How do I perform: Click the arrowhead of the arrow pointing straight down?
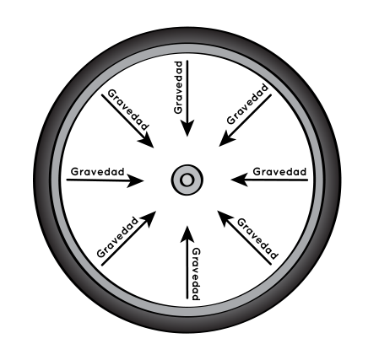[x=187, y=129]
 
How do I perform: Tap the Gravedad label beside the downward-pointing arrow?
[x=178, y=88]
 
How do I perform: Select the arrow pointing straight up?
[x=187, y=262]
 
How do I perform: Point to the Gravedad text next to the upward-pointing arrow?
[x=196, y=274]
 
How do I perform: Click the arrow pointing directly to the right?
[x=105, y=180]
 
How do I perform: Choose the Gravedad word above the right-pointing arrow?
[x=97, y=171]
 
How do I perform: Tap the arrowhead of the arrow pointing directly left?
[x=240, y=180]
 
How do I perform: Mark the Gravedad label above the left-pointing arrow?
[x=279, y=171]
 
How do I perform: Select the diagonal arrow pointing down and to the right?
[x=127, y=121]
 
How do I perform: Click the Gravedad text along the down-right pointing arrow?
[x=128, y=110]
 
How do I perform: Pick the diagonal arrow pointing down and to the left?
[x=245, y=121]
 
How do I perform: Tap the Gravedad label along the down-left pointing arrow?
[x=247, y=104]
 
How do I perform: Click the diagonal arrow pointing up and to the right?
[x=128, y=239]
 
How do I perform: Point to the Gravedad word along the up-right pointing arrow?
[x=117, y=237]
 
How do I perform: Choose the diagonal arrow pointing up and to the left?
[x=244, y=238]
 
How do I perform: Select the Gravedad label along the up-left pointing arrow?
[x=257, y=239]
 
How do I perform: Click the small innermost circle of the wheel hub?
[x=187, y=180]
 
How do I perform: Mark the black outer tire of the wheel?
[x=187, y=35]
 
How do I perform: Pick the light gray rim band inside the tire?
[x=187, y=49]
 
